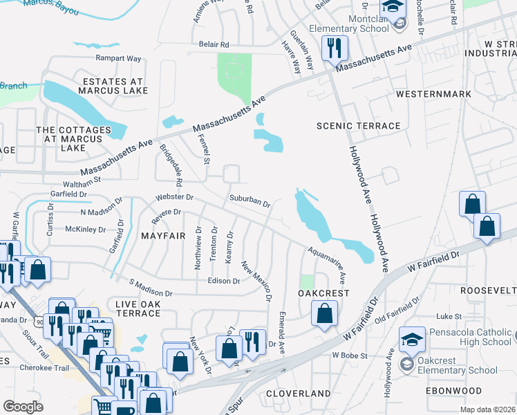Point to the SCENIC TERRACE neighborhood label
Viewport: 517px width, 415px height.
(358, 126)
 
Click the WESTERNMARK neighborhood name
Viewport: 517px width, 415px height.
(433, 94)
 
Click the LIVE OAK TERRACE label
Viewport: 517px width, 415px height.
(138, 308)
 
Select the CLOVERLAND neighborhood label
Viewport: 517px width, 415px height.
(299, 394)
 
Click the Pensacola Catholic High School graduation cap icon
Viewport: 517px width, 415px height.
(412, 339)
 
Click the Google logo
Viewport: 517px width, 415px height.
(23, 406)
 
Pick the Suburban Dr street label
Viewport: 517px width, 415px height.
(250, 201)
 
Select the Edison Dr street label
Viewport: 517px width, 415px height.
(223, 281)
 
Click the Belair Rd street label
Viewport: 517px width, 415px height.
(214, 44)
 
